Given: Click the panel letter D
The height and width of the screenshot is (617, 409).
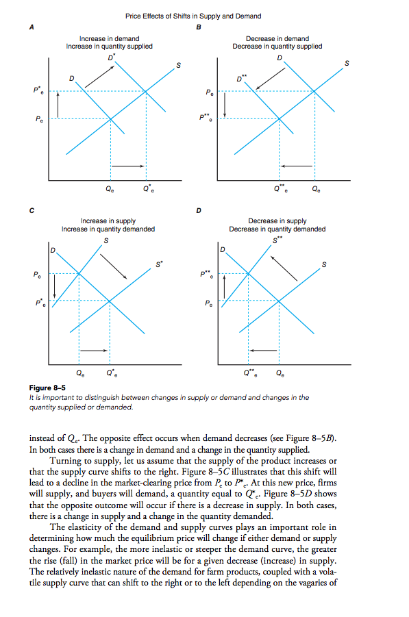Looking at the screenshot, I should point(199,210).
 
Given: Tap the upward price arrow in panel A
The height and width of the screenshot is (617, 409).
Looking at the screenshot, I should point(60,103).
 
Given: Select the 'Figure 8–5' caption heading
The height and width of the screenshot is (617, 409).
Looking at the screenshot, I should point(47,389).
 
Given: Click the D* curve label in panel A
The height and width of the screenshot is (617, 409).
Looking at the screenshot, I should point(110,54).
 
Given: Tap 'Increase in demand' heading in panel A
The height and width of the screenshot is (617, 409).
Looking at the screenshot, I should point(110,38).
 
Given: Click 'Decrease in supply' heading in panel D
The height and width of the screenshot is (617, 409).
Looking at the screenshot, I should point(277,221).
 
